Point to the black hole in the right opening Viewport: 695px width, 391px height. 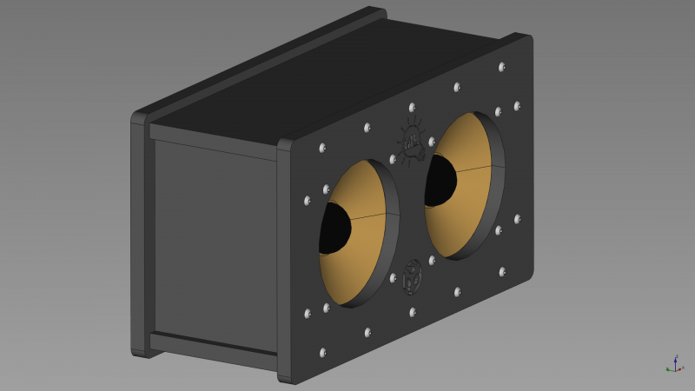440,181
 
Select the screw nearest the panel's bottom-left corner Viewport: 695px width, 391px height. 323,353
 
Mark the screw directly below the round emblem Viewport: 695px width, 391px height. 413,309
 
